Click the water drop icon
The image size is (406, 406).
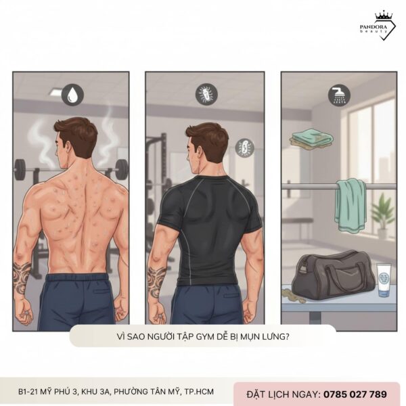[x=70, y=95]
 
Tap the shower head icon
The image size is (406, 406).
[x=339, y=96]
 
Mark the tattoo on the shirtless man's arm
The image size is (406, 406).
[x=22, y=277]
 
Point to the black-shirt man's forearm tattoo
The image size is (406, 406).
[x=157, y=280]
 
